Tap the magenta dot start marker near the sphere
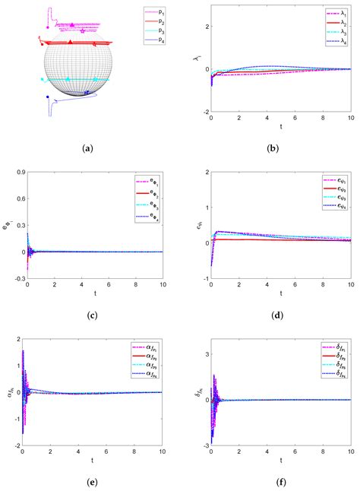(x=47, y=27)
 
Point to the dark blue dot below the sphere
(x=48, y=97)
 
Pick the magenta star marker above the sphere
(x=82, y=31)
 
